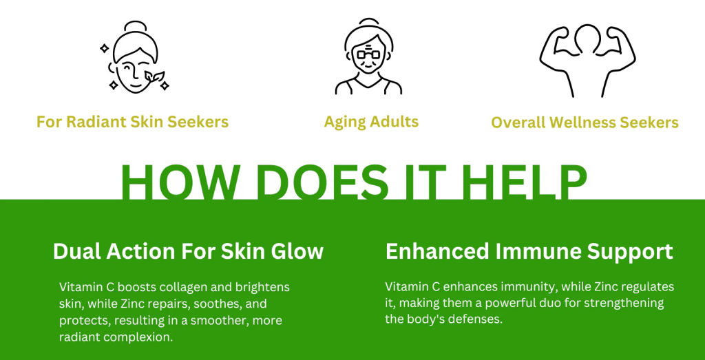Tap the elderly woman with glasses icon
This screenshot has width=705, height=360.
(x=369, y=56)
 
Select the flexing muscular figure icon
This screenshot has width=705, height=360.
(x=587, y=60)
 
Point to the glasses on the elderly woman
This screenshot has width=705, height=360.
(x=369, y=55)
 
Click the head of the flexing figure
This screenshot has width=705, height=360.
(x=587, y=37)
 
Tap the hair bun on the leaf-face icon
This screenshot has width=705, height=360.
(x=136, y=25)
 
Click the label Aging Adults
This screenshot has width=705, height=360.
(x=371, y=121)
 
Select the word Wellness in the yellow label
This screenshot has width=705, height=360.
(x=589, y=123)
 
